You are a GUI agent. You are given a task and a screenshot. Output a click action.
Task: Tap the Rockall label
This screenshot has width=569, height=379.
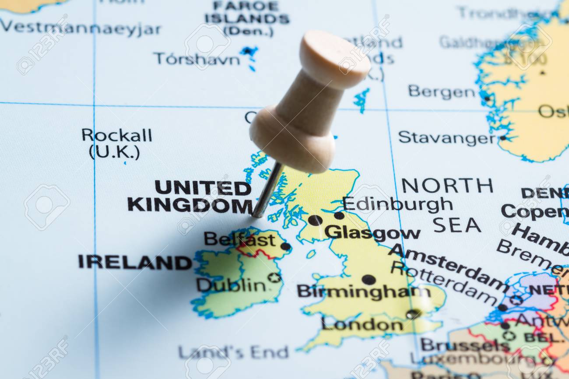(x=116, y=135)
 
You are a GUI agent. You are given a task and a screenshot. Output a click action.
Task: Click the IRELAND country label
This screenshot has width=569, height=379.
(x=135, y=262)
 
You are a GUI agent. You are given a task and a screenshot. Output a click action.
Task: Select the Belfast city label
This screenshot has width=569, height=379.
(x=239, y=239)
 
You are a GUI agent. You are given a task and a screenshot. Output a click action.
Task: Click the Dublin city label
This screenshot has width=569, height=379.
(x=230, y=285)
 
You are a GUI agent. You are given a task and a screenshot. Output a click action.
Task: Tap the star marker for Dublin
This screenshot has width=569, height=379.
(x=274, y=277)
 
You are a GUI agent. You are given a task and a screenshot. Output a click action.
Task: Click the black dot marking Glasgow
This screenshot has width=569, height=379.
(x=315, y=220)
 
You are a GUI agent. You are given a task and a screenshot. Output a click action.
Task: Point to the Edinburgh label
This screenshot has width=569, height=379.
(x=397, y=204)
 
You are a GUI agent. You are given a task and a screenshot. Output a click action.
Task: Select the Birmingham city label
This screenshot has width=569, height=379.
(x=363, y=291)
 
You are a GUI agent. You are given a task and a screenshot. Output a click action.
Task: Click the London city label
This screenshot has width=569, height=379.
(x=362, y=325)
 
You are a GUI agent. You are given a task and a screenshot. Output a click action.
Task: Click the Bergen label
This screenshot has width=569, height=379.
(x=441, y=92)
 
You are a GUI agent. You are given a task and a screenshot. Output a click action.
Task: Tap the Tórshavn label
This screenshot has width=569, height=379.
(x=197, y=59)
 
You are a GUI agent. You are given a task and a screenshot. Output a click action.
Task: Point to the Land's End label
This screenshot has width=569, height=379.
(x=233, y=352)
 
